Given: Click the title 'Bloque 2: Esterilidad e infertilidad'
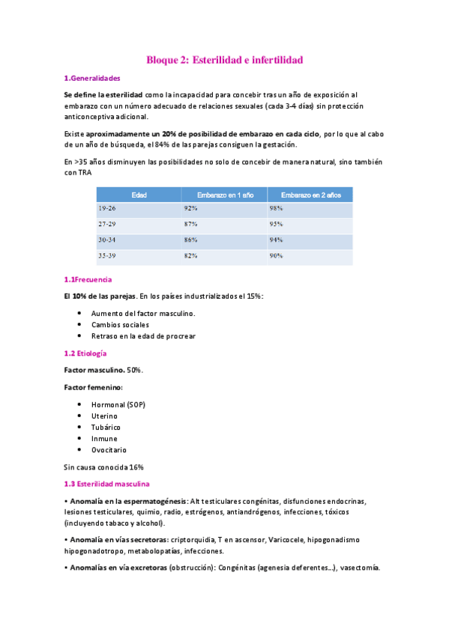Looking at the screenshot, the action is tap(224, 59).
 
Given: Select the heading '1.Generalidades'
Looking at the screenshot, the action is tap(92, 78).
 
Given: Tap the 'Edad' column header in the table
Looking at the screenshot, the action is tap(139, 195).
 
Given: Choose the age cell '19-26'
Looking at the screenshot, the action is tap(106, 208).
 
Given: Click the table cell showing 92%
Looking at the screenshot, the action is tap(190, 208).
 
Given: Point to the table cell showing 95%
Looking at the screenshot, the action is tap(276, 224).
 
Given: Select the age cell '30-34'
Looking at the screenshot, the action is tap(106, 240).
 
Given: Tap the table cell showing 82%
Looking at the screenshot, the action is tap(190, 255).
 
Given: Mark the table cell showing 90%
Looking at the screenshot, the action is tap(276, 255).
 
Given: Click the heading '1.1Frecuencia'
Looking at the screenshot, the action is tap(88, 279).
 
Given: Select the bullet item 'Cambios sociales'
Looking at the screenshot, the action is tap(120, 324).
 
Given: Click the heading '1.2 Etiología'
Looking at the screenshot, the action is tap(85, 353).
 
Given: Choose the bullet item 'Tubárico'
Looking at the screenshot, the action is tap(106, 427).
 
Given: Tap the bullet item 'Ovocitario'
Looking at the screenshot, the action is tap(109, 449).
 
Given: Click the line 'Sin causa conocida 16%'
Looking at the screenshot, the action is tap(104, 467).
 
